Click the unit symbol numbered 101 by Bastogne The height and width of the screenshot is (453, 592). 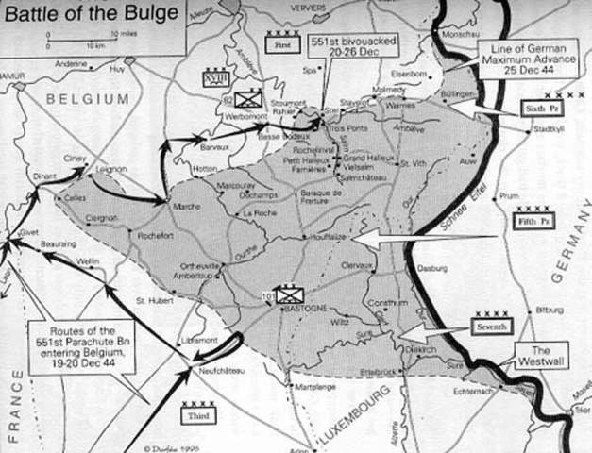point(286,293)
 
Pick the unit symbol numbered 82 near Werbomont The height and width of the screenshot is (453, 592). point(247,96)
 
